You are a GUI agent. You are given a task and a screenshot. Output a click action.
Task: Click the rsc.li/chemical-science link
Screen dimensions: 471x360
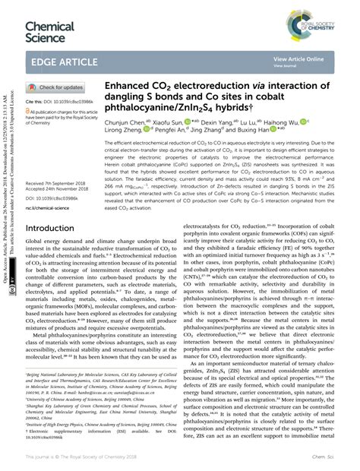(x=49, y=185)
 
